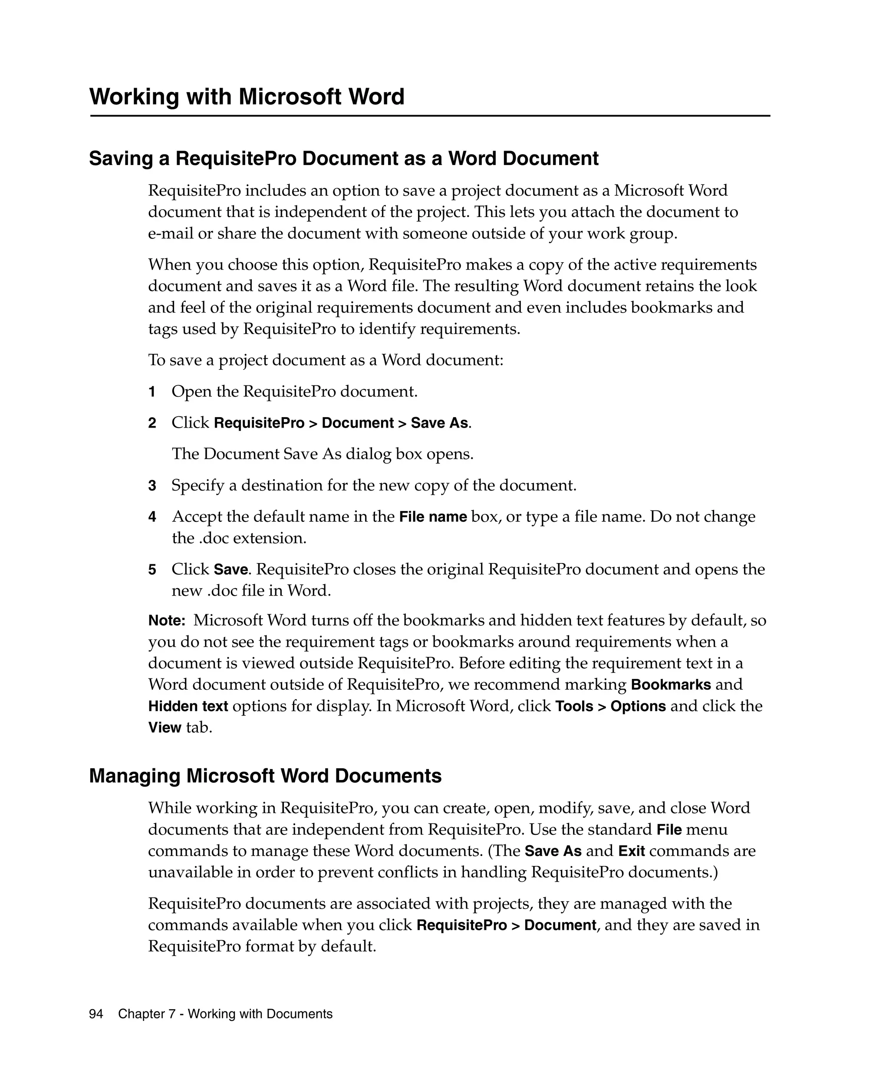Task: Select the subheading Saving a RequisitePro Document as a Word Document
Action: click(x=343, y=158)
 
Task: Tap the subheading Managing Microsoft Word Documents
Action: click(x=265, y=776)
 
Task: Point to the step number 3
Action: click(x=152, y=486)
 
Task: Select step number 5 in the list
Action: click(x=152, y=570)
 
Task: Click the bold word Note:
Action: click(x=167, y=621)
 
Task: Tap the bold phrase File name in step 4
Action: click(x=433, y=517)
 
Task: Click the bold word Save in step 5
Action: click(x=230, y=570)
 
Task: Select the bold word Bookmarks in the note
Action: click(x=671, y=685)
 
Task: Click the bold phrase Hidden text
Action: click(x=188, y=707)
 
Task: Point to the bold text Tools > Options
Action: click(x=611, y=707)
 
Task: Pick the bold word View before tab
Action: click(x=165, y=728)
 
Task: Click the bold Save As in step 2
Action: click(x=439, y=423)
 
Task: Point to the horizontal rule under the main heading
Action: click(x=430, y=116)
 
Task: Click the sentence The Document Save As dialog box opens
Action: click(x=323, y=454)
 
